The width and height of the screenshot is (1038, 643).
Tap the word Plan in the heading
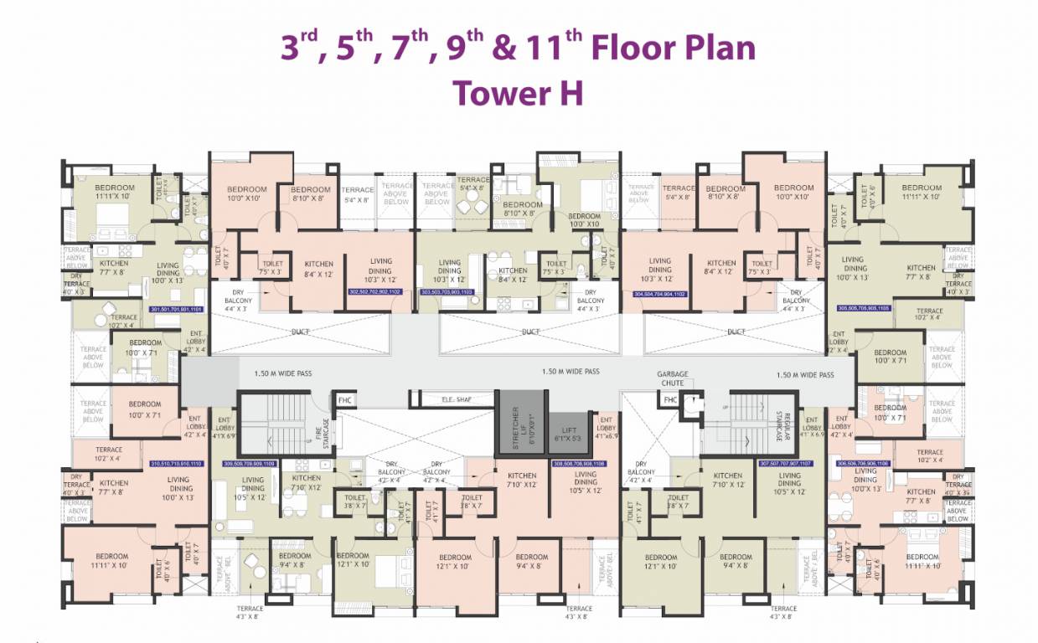click(713, 48)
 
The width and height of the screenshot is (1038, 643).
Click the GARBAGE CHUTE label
click(672, 378)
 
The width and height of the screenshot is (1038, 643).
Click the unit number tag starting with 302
click(374, 292)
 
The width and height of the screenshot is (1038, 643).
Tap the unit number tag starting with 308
click(579, 463)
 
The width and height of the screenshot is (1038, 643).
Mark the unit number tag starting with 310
click(176, 463)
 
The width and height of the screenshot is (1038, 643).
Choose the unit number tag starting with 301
click(176, 309)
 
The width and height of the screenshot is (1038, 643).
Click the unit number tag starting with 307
click(786, 463)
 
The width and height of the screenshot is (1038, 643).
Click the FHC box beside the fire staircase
click(344, 400)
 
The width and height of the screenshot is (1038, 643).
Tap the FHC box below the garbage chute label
click(669, 400)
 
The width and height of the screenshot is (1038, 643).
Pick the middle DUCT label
click(530, 332)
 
